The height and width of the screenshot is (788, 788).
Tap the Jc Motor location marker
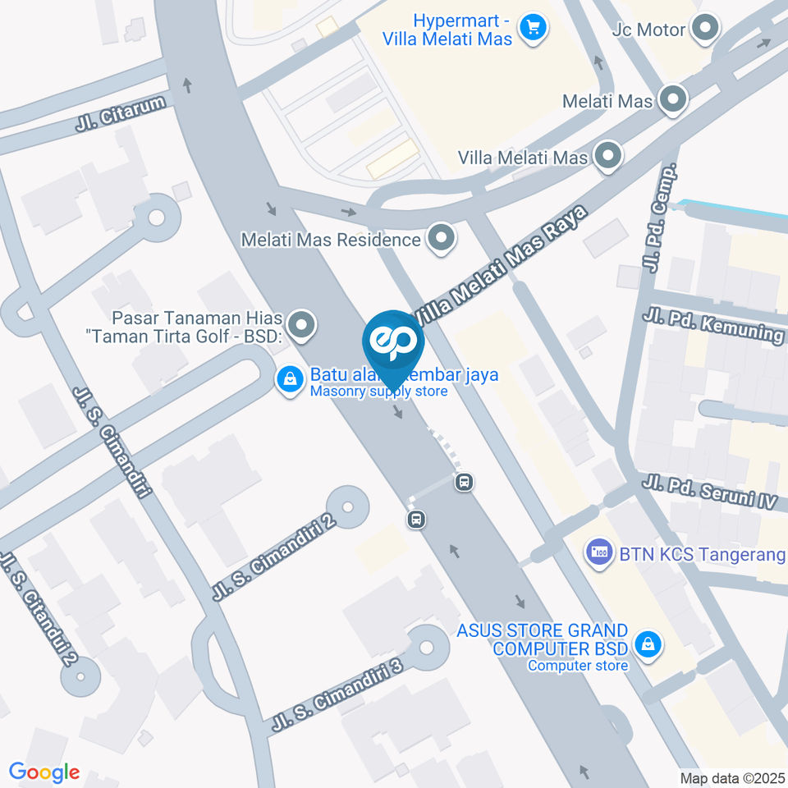coord(704,30)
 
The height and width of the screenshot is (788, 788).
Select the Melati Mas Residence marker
coord(442,240)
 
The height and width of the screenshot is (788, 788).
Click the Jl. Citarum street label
coord(121,114)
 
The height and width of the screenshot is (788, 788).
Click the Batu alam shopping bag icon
coord(289,380)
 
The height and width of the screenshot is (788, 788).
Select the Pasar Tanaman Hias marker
coord(302,326)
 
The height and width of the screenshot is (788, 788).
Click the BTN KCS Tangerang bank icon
coord(598,551)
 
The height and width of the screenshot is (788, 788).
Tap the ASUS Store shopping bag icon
coord(648,644)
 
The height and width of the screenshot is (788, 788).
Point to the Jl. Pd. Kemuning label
coord(713,325)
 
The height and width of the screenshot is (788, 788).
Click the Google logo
coord(44,772)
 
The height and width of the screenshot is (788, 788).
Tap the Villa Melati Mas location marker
coord(607,156)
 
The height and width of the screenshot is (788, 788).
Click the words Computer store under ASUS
coord(578,665)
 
